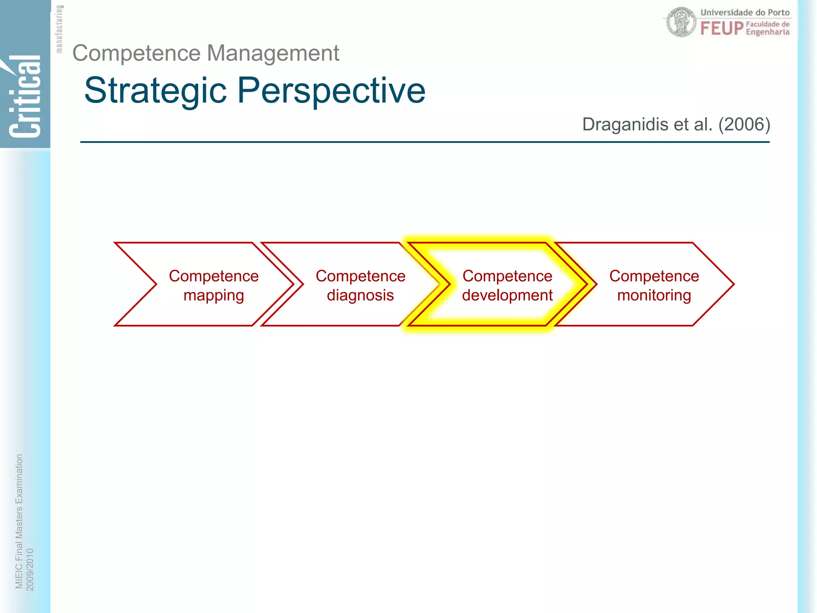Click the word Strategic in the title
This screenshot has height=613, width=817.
pyautogui.click(x=156, y=91)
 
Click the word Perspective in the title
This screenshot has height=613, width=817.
pyautogui.click(x=332, y=91)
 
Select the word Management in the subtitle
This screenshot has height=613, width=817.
pyautogui.click(x=273, y=53)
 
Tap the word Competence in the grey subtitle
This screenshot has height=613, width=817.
pyautogui.click(x=136, y=53)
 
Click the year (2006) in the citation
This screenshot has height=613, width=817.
pyautogui.click(x=744, y=125)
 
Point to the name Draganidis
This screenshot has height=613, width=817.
pyautogui.click(x=625, y=125)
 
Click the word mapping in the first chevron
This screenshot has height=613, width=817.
pyautogui.click(x=213, y=296)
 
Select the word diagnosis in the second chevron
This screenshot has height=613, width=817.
pyautogui.click(x=360, y=296)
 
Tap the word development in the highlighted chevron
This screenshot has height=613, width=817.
pyautogui.click(x=507, y=296)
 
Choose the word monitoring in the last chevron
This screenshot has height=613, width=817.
pyautogui.click(x=654, y=296)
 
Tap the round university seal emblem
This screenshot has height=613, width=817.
pyautogui.click(x=681, y=22)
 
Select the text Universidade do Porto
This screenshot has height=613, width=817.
pyautogui.click(x=745, y=12)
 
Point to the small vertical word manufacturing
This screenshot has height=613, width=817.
pyautogui.click(x=59, y=29)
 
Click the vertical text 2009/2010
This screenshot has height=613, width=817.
pyautogui.click(x=30, y=569)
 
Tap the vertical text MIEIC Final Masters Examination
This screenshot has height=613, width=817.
pyautogui.click(x=19, y=521)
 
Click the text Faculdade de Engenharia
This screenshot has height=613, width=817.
pyautogui.click(x=768, y=28)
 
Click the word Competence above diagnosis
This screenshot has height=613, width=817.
pyautogui.click(x=360, y=276)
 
